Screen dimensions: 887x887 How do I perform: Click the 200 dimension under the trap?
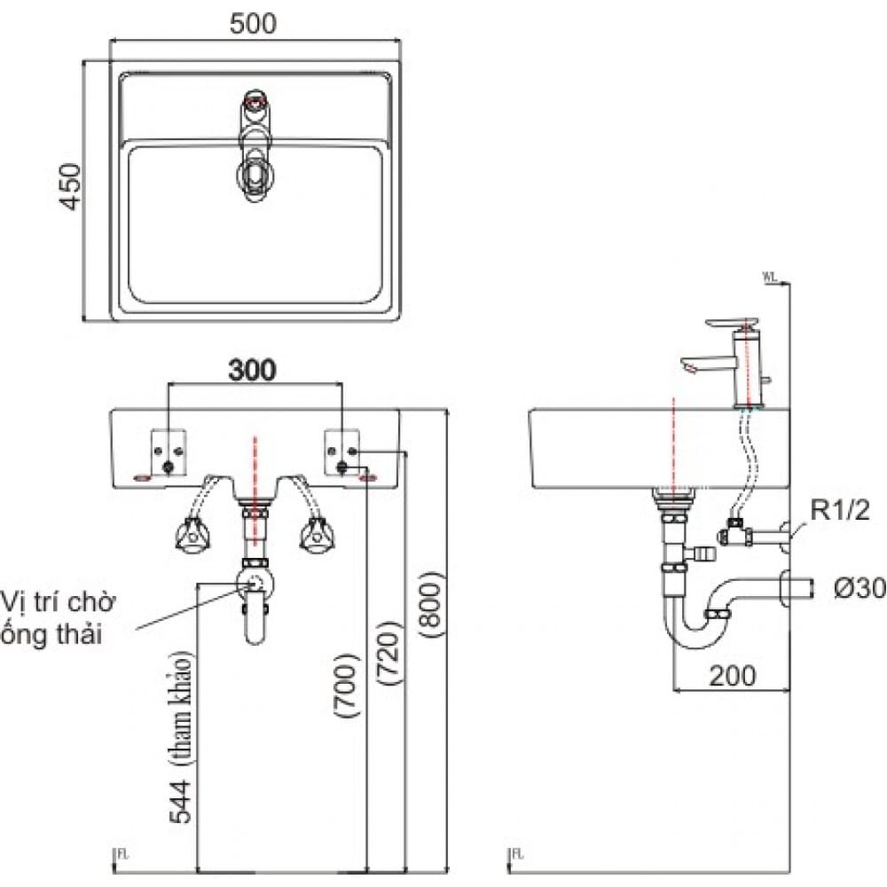(732, 675)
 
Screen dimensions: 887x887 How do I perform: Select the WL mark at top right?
(769, 277)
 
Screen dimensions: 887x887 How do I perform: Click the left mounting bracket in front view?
(169, 451)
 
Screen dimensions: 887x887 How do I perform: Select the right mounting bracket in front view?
(344, 451)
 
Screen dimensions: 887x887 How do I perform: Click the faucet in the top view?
(255, 146)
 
